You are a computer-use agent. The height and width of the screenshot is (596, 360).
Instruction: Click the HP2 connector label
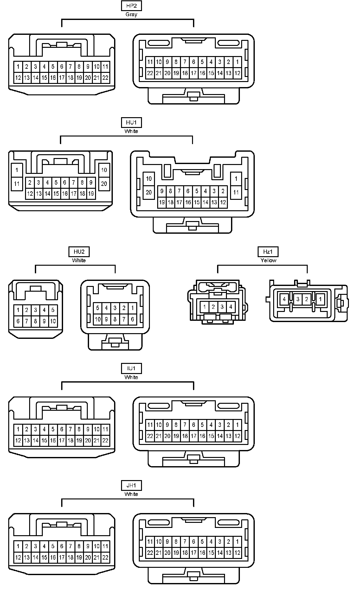(131, 6)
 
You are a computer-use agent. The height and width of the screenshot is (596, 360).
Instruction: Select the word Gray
(131, 14)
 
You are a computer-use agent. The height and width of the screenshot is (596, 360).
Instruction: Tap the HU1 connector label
(131, 123)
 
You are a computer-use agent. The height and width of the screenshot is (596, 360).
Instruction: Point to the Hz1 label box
(268, 252)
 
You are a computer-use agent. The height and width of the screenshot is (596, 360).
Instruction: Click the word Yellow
(268, 260)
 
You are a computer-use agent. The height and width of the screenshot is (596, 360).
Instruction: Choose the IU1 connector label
(131, 369)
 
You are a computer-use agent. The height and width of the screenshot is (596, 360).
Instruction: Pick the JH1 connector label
(131, 485)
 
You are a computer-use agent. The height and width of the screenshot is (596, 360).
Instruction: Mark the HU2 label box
(79, 252)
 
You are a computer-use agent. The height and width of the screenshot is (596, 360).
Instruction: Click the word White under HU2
(79, 260)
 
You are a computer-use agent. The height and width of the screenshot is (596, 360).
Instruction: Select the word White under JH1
(131, 494)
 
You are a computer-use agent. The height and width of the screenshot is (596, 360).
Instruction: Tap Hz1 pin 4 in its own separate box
(284, 299)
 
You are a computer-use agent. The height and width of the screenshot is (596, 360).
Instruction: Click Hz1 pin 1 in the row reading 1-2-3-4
(205, 307)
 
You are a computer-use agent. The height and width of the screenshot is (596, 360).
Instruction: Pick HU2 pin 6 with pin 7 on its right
(18, 321)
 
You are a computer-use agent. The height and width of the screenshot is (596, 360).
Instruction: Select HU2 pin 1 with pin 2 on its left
(132, 308)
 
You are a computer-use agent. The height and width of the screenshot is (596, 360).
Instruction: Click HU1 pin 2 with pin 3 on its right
(30, 182)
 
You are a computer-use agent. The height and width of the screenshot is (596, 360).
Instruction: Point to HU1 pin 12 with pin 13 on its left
(223, 202)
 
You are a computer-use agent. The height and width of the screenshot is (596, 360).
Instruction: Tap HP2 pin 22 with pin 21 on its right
(150, 73)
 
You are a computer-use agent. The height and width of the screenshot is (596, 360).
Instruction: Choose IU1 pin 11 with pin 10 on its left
(105, 429)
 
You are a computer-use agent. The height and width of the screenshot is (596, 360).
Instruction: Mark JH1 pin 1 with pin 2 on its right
(18, 546)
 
